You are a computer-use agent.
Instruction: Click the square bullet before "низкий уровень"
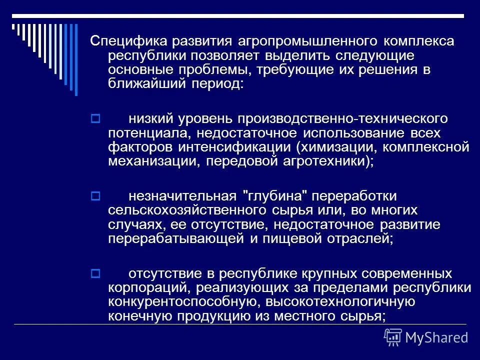96,119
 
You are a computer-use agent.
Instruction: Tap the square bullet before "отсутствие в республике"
96,274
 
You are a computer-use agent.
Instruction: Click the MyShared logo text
436,337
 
